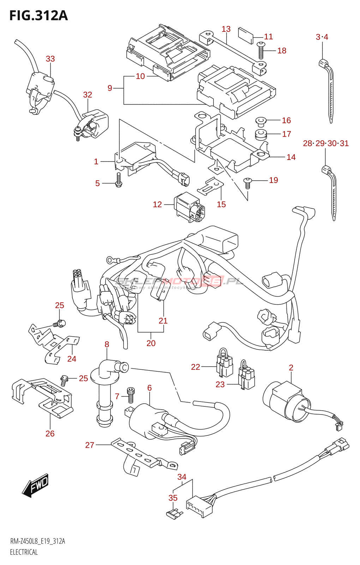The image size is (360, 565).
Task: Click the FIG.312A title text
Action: pyautogui.click(x=38, y=16)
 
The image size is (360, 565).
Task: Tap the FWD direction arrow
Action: pyautogui.click(x=36, y=485)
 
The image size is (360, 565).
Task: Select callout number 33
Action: pyautogui.click(x=50, y=59)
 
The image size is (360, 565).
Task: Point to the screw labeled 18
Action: pyautogui.click(x=261, y=50)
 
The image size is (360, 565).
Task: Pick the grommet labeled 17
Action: pyautogui.click(x=260, y=135)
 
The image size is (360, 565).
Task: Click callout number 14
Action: pyautogui.click(x=291, y=157)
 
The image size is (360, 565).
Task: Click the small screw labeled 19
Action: pyautogui.click(x=248, y=182)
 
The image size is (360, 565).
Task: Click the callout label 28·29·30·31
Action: pyautogui.click(x=326, y=143)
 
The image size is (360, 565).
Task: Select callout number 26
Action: pyautogui.click(x=50, y=434)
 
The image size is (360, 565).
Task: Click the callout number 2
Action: pyautogui.click(x=291, y=368)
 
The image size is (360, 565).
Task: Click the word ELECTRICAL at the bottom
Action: pyautogui.click(x=24, y=552)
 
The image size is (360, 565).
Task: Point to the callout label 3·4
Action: pyautogui.click(x=322, y=37)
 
